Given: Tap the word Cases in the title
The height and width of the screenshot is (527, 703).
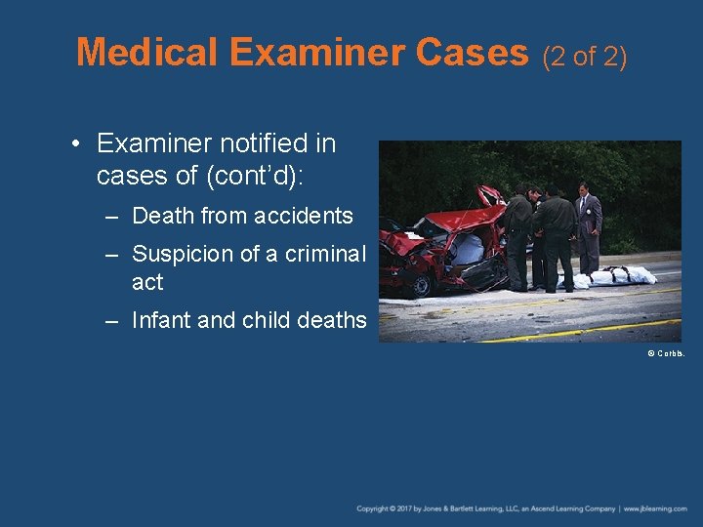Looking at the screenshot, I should [x=473, y=52].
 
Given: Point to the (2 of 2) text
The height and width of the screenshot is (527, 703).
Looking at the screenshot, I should [x=584, y=57].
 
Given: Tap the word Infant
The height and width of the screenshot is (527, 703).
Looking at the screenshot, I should [x=161, y=320].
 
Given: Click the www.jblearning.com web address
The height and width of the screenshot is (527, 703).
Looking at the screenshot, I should [x=656, y=508].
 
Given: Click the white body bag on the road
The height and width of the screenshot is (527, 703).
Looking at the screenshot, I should [x=616, y=276].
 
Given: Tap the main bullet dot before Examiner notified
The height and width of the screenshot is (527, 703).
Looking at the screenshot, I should [x=75, y=144].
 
